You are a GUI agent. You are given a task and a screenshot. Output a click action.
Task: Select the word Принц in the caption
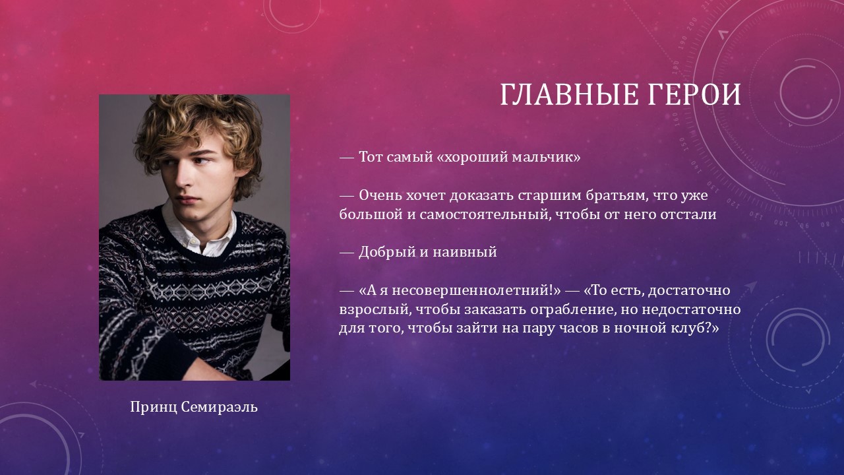click(154, 408)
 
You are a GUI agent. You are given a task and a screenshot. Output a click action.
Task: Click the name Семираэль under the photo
click(220, 407)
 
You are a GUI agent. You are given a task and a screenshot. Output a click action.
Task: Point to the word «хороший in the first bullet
click(471, 157)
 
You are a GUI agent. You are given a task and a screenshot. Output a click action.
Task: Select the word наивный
click(465, 252)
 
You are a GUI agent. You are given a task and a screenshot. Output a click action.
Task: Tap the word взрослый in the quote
click(372, 310)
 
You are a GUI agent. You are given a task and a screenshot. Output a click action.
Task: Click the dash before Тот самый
click(347, 157)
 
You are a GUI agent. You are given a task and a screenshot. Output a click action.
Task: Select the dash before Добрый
click(347, 252)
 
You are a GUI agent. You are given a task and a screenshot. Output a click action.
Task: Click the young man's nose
click(183, 177)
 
